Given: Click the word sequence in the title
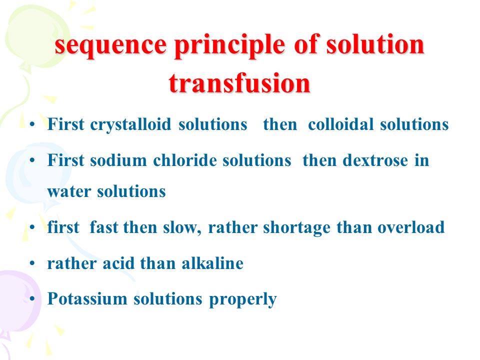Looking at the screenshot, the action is pyautogui.click(x=111, y=46).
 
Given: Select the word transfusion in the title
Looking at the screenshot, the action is pyautogui.click(x=239, y=82).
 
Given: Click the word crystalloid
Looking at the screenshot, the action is pyautogui.click(x=130, y=125).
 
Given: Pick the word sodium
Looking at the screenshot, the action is pyautogui.click(x=118, y=160).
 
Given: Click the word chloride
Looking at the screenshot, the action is pyautogui.click(x=185, y=160).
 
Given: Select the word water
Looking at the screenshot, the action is pyautogui.click(x=69, y=192).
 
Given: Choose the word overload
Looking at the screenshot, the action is pyautogui.click(x=411, y=227).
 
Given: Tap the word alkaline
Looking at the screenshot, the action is pyautogui.click(x=212, y=263).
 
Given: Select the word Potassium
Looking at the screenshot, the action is pyautogui.click(x=87, y=298).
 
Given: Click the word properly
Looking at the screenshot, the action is pyautogui.click(x=243, y=299).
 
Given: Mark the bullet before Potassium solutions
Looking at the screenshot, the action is pyautogui.click(x=32, y=299).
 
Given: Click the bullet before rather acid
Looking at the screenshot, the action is pyautogui.click(x=32, y=263).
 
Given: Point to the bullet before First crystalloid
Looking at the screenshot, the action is pyautogui.click(x=32, y=124).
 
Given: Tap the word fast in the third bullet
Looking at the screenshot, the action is pyautogui.click(x=103, y=227).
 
